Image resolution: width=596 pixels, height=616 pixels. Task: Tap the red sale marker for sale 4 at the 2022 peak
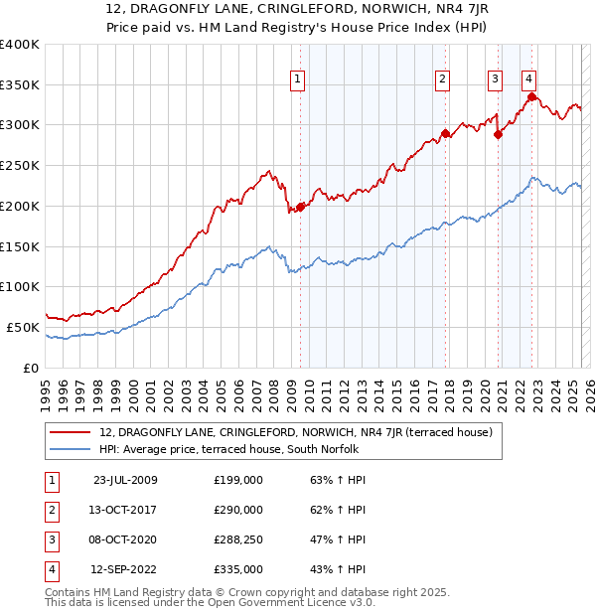click(532, 96)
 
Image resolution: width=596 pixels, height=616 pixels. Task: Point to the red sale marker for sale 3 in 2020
click(498, 135)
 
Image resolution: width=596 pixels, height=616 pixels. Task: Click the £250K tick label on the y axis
click(20, 165)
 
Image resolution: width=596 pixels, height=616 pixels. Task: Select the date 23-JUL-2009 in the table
click(125, 480)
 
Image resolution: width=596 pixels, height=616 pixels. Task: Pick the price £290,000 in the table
click(238, 510)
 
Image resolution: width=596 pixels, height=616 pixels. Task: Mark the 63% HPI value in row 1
click(339, 480)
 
